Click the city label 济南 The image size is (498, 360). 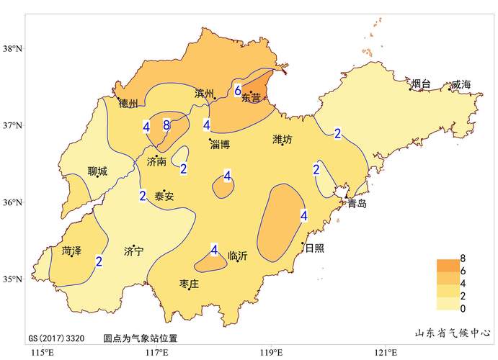[x=156, y=162]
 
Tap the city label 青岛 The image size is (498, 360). [x=357, y=204]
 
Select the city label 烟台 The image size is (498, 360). [x=421, y=85]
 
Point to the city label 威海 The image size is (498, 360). [x=461, y=85]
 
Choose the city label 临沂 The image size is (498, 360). [x=237, y=256]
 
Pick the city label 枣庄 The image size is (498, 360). [x=189, y=283]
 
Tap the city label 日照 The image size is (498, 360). [x=314, y=248]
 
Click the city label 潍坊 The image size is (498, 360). [x=283, y=139]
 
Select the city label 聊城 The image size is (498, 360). [x=97, y=171]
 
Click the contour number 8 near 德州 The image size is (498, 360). [x=166, y=125]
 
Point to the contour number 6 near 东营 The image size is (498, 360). [x=238, y=91]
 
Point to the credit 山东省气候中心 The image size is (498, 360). [x=453, y=333]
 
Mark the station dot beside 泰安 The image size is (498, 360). [x=164, y=191]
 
